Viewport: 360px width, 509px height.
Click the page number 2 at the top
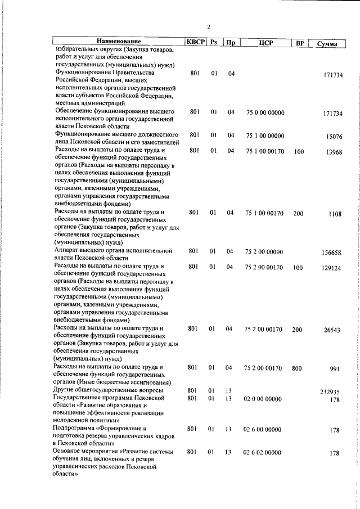pos(208,27)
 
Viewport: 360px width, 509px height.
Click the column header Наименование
pos(118,42)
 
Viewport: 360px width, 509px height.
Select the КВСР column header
pos(195,42)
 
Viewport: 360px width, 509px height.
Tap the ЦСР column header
pos(265,43)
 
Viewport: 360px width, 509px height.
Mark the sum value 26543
pos(332,330)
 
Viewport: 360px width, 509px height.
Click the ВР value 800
pos(297,368)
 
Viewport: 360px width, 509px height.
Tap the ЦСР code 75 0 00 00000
pos(265,112)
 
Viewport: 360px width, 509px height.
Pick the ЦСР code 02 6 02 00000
pos(262,452)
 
